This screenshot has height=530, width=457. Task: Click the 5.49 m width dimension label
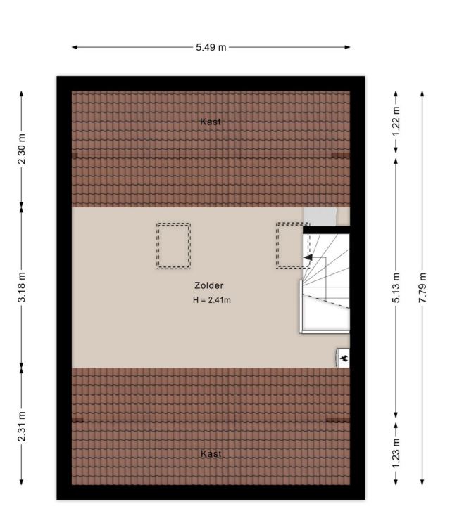point(211,47)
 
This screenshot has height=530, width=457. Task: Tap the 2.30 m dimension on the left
point(22,149)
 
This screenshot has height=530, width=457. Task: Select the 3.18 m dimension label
point(22,287)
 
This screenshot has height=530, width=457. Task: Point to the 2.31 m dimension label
point(22,426)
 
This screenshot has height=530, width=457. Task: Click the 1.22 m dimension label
point(396,122)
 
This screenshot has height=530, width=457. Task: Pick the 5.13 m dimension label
point(396,287)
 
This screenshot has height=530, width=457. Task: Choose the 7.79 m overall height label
point(422,287)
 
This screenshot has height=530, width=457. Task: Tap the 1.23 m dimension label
point(396,453)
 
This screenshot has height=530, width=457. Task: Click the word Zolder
point(209,285)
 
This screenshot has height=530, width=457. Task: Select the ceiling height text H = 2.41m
point(212,300)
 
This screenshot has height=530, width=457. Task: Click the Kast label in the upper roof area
point(211,122)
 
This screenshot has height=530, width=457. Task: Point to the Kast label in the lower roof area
point(211,453)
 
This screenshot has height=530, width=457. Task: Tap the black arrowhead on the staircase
point(308,257)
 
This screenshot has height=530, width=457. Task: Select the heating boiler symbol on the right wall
point(343,358)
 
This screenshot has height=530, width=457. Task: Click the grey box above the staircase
point(320,216)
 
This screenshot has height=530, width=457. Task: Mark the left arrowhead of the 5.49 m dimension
point(75,47)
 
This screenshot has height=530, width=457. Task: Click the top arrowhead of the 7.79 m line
point(422,94)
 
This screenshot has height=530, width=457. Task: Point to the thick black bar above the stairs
point(326,230)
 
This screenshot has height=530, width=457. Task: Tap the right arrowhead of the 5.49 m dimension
point(347,47)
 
